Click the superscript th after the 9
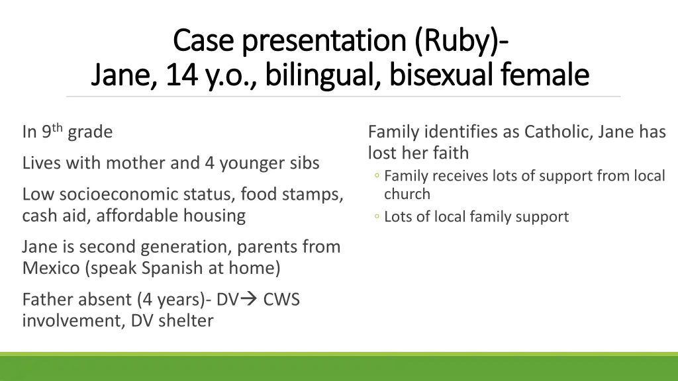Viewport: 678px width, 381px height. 58,128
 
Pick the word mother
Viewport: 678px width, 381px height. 136,163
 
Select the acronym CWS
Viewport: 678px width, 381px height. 281,300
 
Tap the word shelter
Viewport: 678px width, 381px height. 185,321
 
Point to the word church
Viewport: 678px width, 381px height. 407,194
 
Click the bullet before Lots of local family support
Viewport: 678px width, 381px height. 375,217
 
